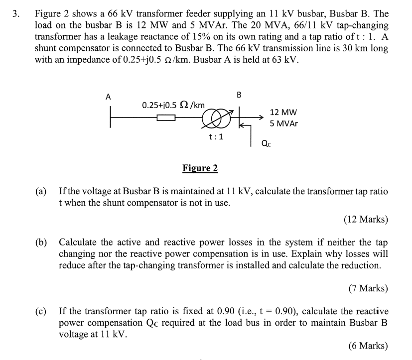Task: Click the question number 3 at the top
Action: click(16, 13)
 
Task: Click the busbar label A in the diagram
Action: click(108, 96)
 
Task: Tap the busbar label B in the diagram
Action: click(239, 94)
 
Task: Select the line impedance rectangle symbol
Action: click(166, 118)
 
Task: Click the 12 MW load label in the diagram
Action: click(283, 113)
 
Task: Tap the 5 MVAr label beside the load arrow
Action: click(283, 123)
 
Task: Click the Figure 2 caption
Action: click(200, 168)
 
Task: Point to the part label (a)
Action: click(41, 192)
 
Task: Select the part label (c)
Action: click(41, 312)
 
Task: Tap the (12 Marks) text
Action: click(366, 219)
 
